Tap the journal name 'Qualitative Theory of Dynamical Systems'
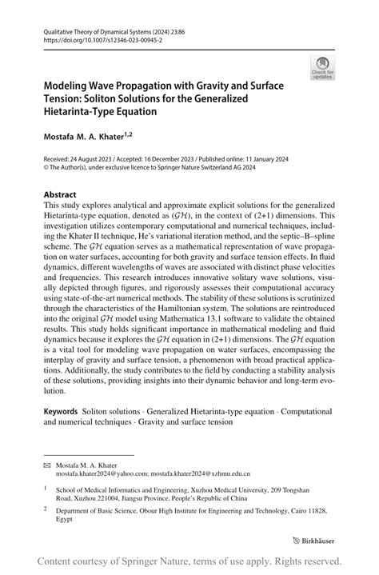click(x=104, y=27)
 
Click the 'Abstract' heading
click(x=61, y=194)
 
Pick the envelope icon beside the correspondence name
click(x=47, y=465)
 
